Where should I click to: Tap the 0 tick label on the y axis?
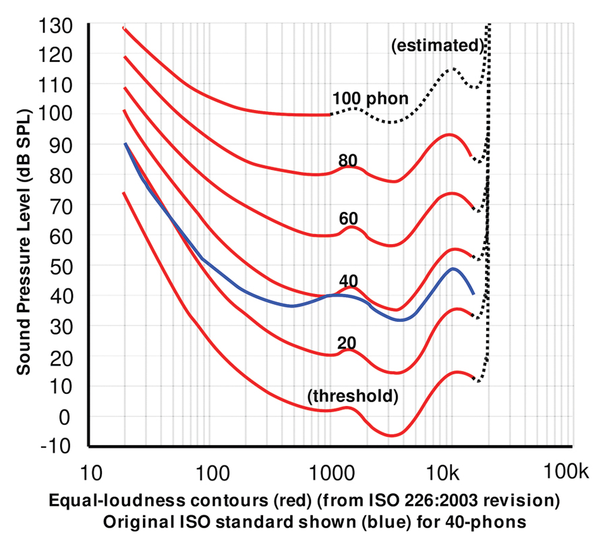pyautogui.click(x=64, y=416)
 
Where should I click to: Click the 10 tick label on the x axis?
pyautogui.click(x=89, y=469)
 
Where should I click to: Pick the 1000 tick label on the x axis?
pyautogui.click(x=330, y=469)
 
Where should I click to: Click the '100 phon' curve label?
pyautogui.click(x=370, y=99)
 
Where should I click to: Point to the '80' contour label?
pyautogui.click(x=348, y=160)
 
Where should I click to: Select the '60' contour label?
pyautogui.click(x=348, y=218)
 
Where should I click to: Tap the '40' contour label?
pyautogui.click(x=348, y=281)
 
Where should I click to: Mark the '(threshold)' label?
pyautogui.click(x=352, y=397)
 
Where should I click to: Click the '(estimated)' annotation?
pyautogui.click(x=437, y=46)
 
